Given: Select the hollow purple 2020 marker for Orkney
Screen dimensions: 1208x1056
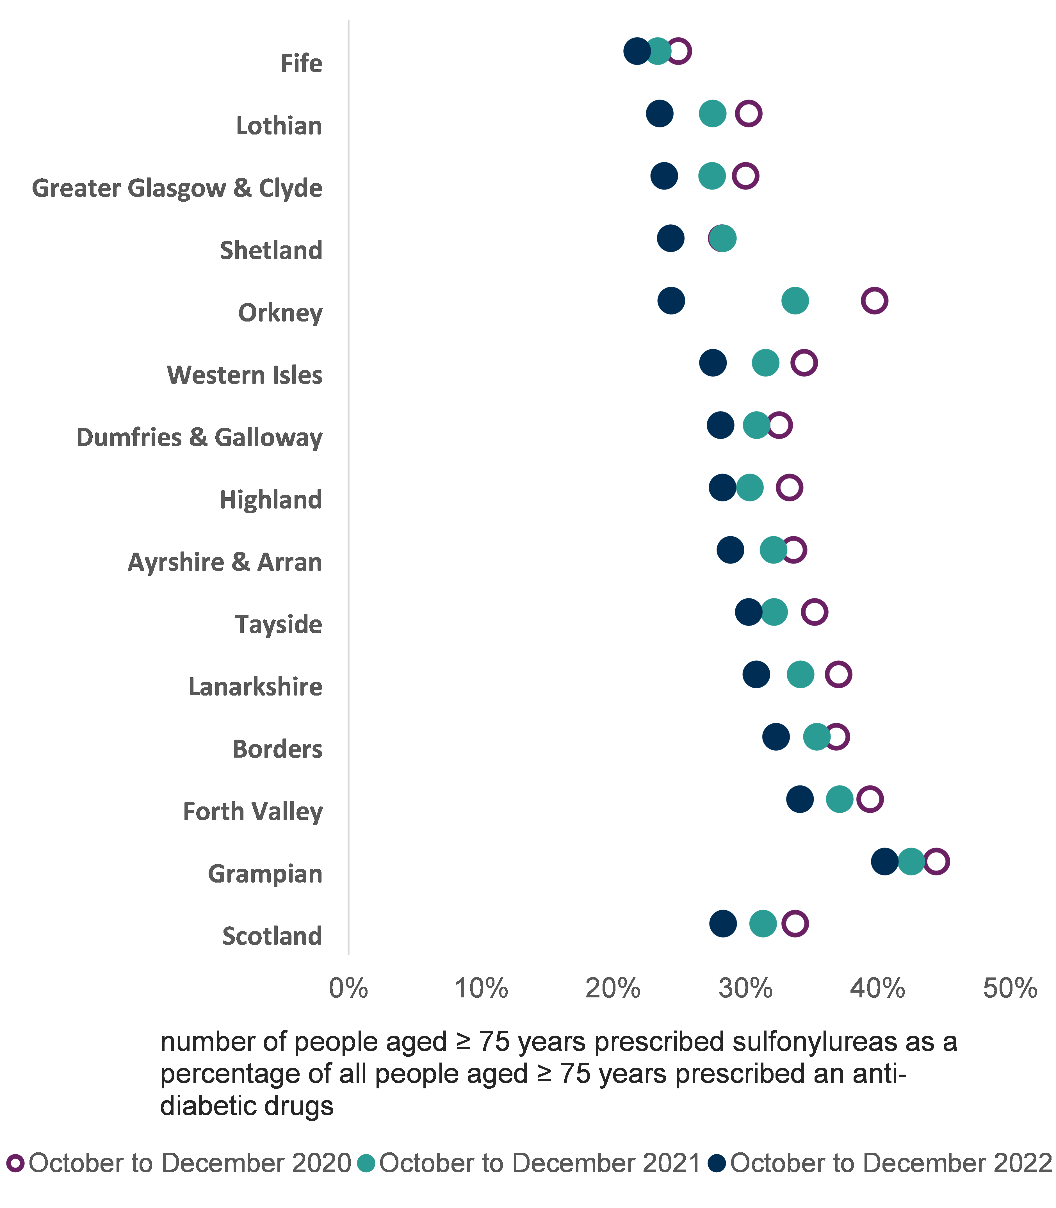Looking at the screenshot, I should [x=875, y=300].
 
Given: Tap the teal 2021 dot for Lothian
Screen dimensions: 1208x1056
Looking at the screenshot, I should [x=712, y=113].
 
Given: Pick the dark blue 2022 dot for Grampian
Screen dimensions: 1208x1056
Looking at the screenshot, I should [x=884, y=861].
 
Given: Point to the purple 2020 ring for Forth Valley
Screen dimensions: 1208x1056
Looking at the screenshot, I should [x=870, y=799].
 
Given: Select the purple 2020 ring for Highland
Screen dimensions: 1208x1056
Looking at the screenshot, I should [x=789, y=487].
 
